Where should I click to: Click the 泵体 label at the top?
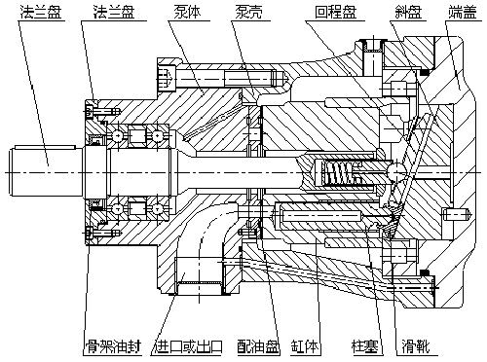(188, 13)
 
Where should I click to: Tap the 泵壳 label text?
(248, 13)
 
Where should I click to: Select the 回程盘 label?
(336, 13)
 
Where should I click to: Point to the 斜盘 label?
(407, 13)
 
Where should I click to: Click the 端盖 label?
(463, 13)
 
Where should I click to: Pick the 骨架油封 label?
(113, 346)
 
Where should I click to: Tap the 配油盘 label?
(258, 346)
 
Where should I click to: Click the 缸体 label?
(305, 346)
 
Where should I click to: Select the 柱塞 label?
(365, 346)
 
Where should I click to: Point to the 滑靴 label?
(416, 346)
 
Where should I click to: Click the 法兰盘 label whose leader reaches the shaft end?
(40, 13)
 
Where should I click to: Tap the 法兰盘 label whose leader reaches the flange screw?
(114, 13)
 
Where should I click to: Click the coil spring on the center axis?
(338, 173)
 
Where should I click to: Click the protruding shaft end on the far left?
(46, 171)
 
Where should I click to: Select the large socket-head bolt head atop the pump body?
(167, 78)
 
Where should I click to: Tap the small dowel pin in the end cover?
(457, 214)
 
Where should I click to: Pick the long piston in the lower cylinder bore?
(321, 214)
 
